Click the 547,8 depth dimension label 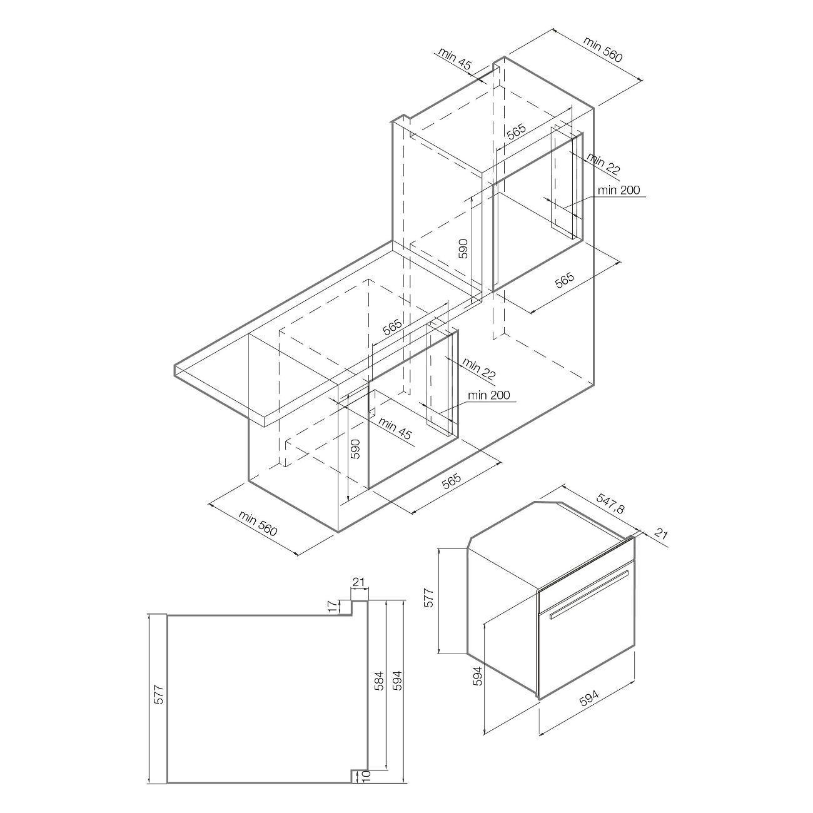[x=610, y=504]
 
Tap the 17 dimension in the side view [x=333, y=607]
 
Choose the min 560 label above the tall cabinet [x=602, y=49]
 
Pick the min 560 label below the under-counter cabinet [x=258, y=523]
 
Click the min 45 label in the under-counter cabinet [x=395, y=428]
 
